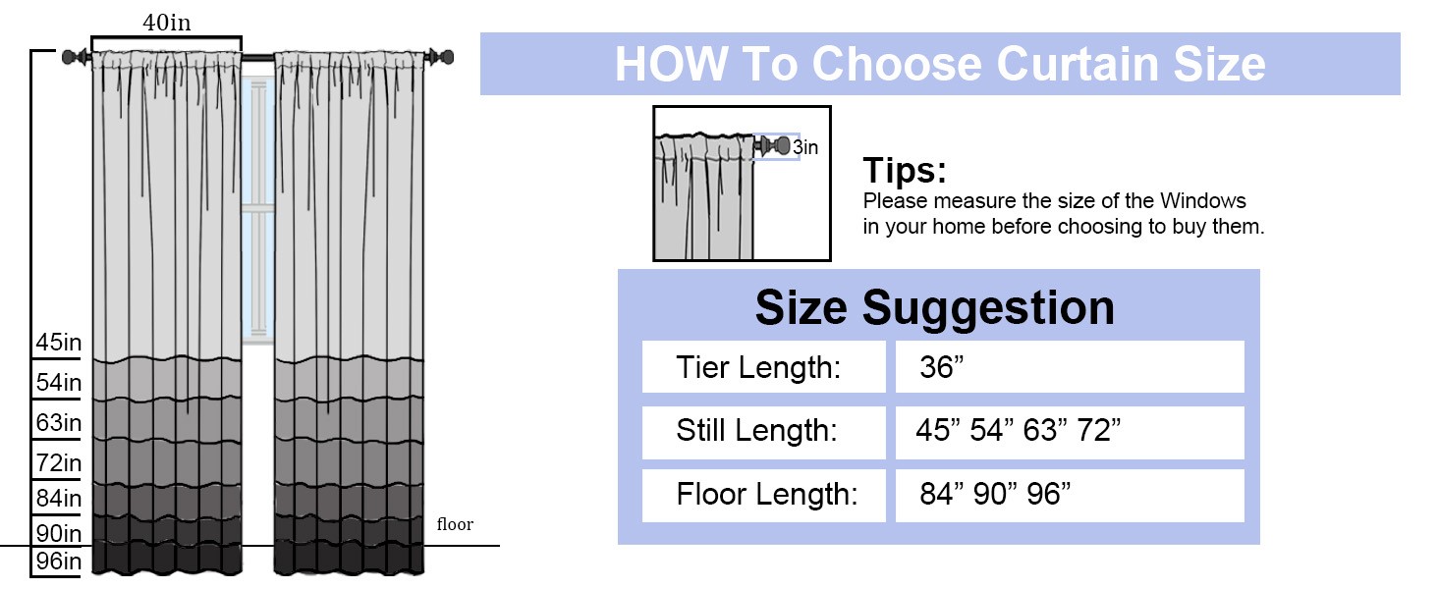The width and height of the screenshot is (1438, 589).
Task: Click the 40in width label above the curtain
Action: pos(166,23)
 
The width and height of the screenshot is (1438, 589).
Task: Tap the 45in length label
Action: pos(58,342)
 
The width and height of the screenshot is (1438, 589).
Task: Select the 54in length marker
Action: pos(58,383)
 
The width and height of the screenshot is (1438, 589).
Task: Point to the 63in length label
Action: pos(58,423)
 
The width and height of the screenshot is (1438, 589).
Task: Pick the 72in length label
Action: pos(58,462)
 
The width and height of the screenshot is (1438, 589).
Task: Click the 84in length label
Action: pos(58,498)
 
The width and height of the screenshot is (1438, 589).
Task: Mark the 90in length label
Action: pos(58,533)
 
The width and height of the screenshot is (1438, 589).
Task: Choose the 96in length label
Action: pos(58,562)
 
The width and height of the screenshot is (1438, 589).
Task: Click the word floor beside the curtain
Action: pos(455,524)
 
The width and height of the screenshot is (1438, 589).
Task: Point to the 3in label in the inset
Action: pos(805,147)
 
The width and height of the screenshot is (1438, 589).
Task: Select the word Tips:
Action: pos(905,170)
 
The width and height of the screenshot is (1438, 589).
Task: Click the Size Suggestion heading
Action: pos(935,308)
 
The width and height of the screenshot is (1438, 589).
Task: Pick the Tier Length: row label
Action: pos(758,368)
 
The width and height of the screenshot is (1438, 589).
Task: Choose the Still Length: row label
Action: pos(757,431)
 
